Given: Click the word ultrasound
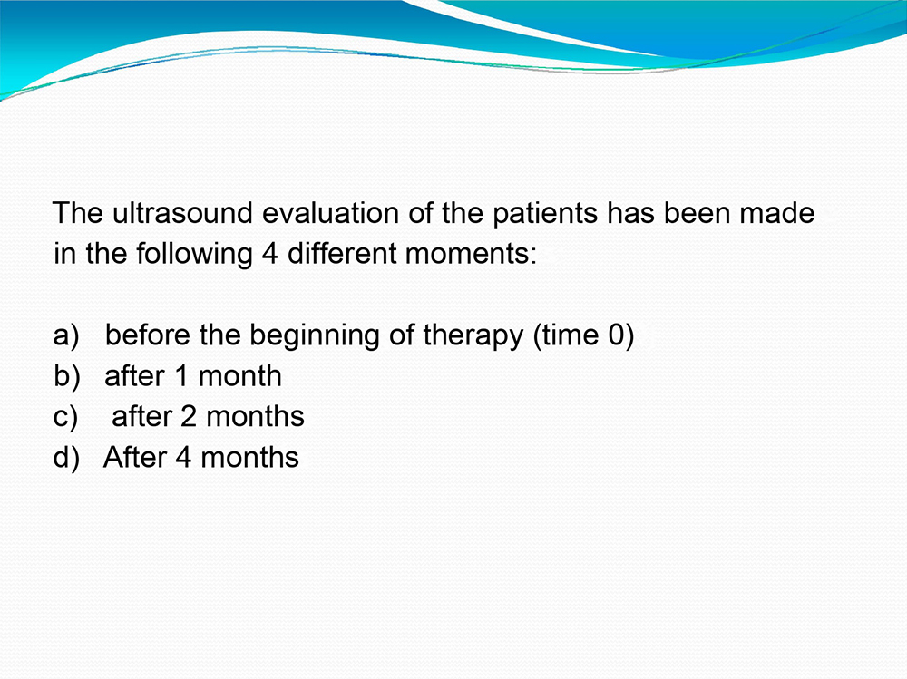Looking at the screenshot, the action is pos(182,213).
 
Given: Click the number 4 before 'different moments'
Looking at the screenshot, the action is pos(270,254).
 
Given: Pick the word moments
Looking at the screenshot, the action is pos(471,254).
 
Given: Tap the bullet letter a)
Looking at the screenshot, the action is pos(66,336).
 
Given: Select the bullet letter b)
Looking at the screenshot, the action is pos(66,376).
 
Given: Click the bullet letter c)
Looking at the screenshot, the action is pos(65,417).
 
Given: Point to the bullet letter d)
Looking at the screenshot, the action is pos(66,458).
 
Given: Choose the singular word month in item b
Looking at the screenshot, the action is pos(240,376).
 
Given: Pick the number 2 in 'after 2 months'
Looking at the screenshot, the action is pos(189,417).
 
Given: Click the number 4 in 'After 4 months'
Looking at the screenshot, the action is pos(183,458).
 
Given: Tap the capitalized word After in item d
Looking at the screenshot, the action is pos(135,457).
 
